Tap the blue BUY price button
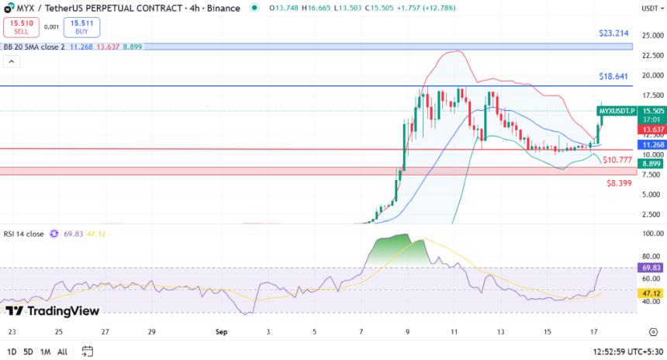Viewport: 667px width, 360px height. click(81, 27)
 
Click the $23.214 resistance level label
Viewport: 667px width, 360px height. click(613, 34)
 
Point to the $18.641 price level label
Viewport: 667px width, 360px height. click(613, 77)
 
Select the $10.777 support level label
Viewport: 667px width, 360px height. click(618, 159)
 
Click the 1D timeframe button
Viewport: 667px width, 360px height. click(11, 351)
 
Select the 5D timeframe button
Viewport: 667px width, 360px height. click(28, 351)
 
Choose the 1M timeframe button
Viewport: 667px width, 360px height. click(45, 351)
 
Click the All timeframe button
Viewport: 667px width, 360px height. click(62, 351)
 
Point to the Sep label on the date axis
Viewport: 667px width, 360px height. click(221, 331)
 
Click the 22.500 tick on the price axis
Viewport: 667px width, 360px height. click(653, 56)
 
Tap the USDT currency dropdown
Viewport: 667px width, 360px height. click(651, 8)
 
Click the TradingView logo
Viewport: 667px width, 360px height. click(52, 311)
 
